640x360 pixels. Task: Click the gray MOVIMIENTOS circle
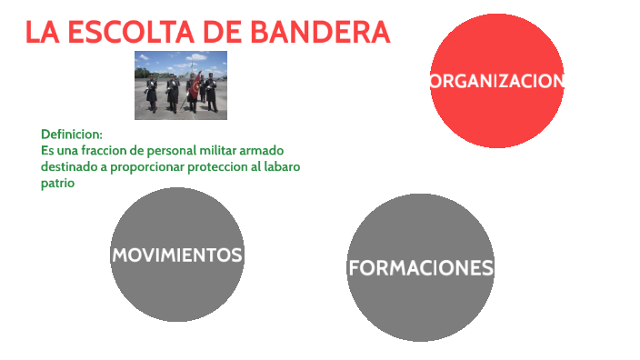pos(177,255)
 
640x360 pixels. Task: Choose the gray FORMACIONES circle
pos(421,268)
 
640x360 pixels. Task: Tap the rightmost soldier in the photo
pos(212,91)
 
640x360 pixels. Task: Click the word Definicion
pos(72,134)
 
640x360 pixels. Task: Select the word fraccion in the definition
pos(109,150)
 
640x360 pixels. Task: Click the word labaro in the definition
pos(282,167)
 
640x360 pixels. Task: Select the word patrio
pos(56,184)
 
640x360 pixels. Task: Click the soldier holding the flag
pos(191,93)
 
